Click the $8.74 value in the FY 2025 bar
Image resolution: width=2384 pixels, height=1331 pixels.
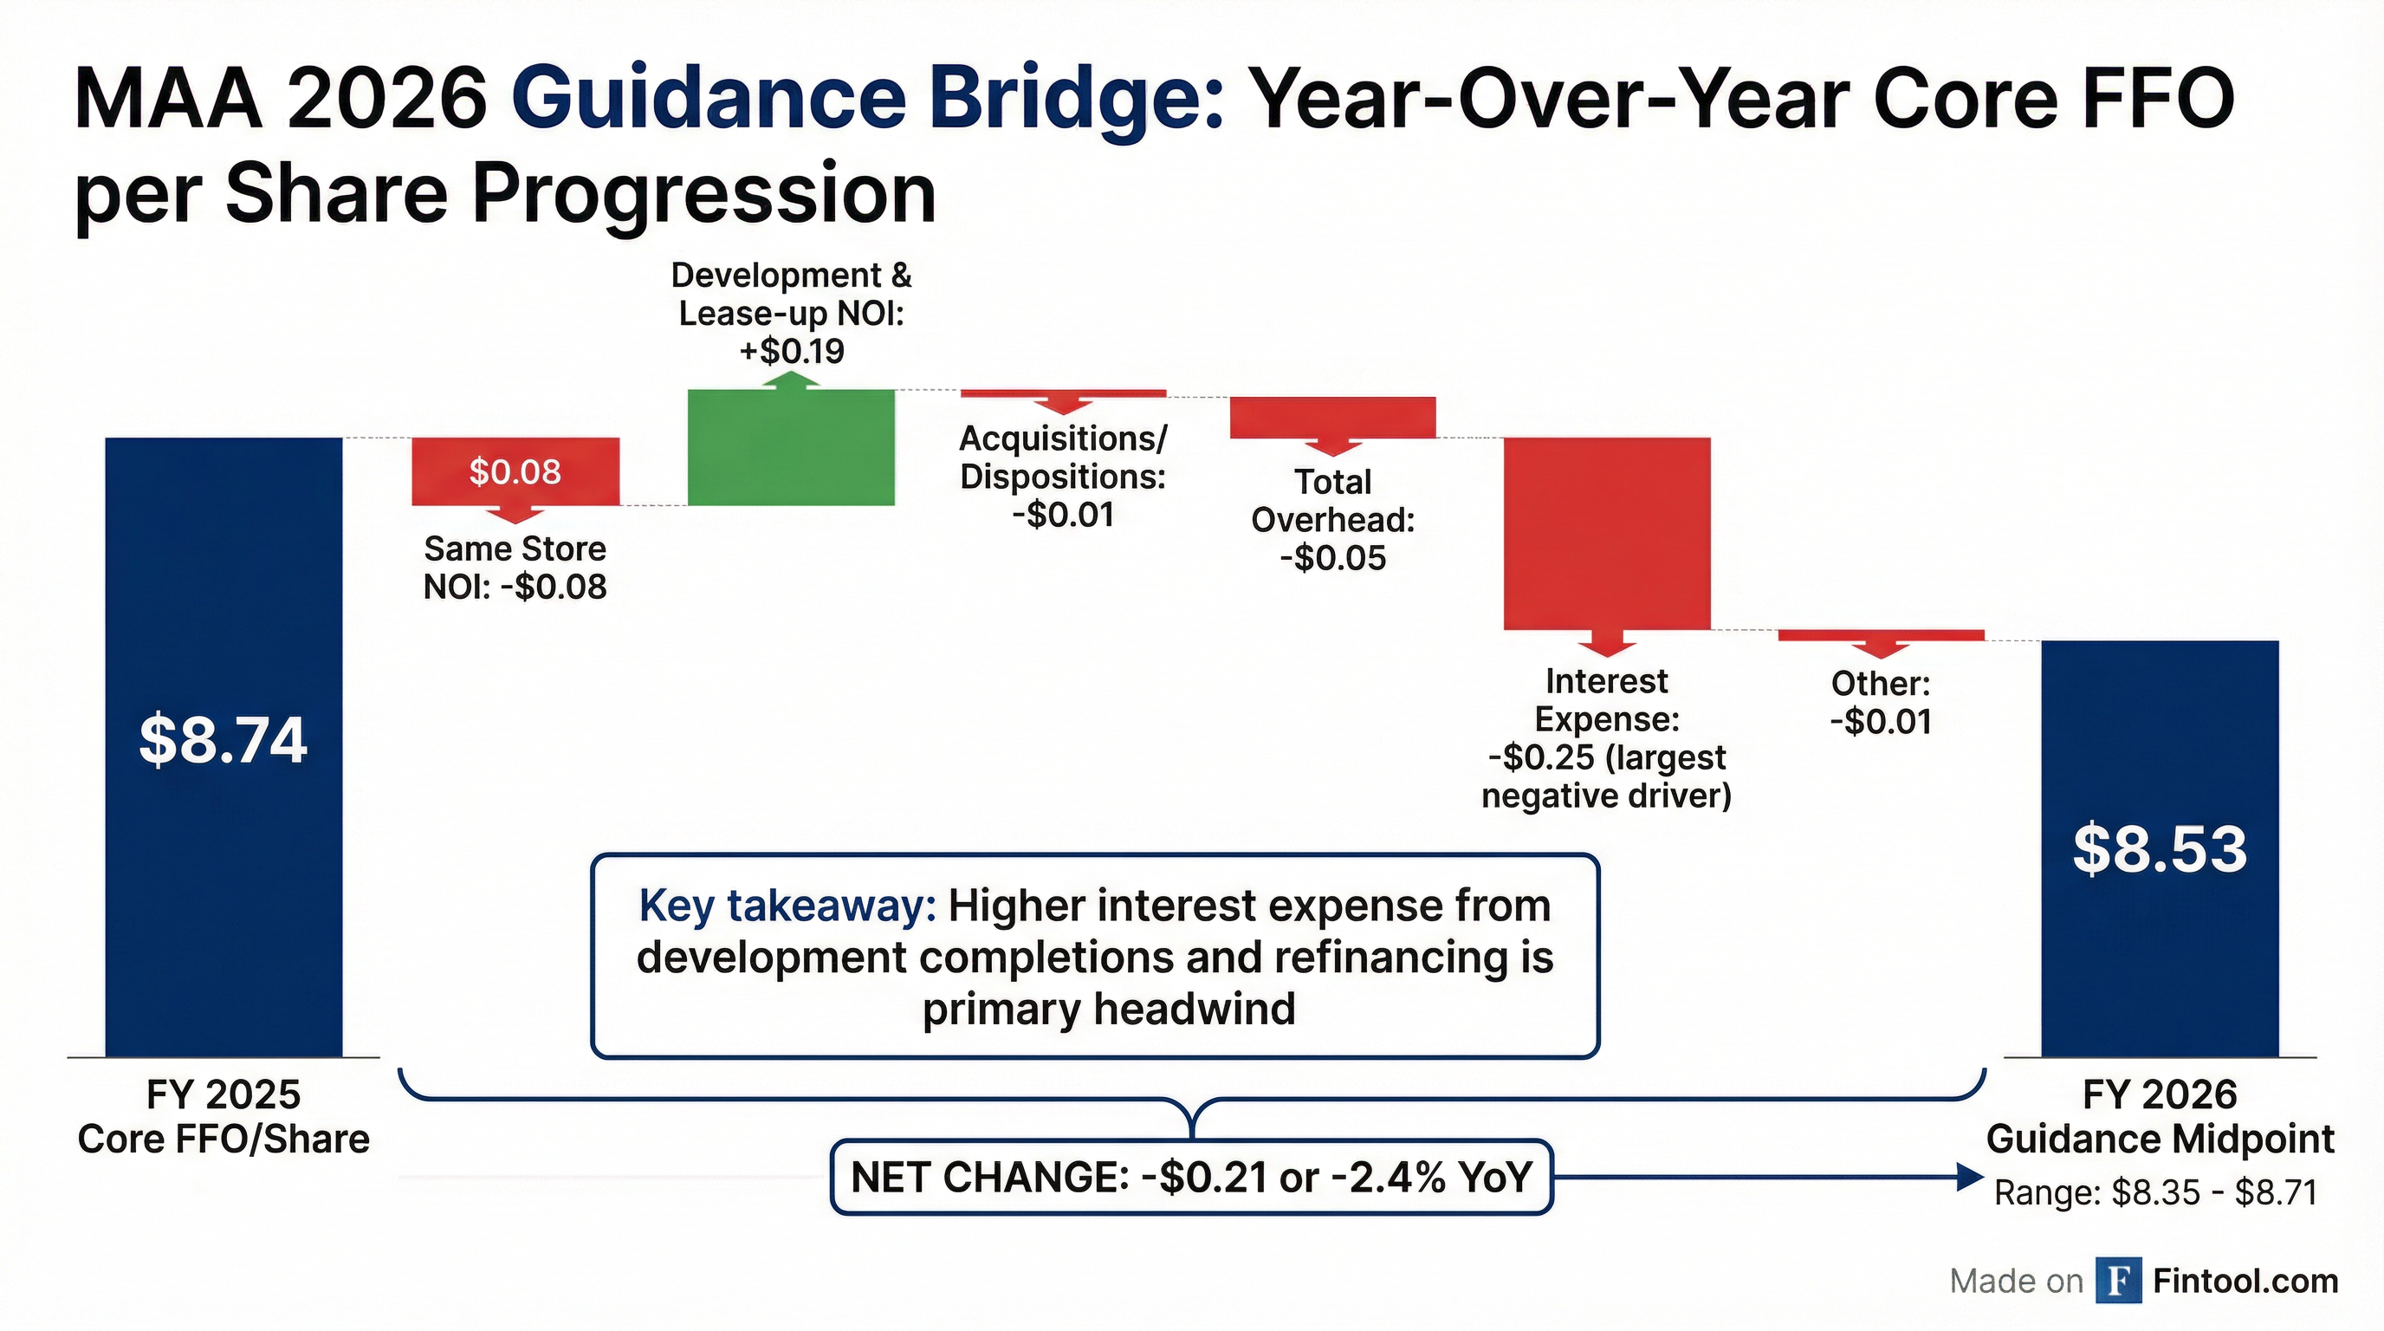(x=223, y=739)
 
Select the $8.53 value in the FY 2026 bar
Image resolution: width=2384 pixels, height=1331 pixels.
(x=2159, y=848)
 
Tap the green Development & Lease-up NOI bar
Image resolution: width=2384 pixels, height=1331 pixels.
(x=791, y=448)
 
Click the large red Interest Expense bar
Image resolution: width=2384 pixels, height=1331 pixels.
(x=1607, y=533)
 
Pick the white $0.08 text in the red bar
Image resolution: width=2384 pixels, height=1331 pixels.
(x=515, y=472)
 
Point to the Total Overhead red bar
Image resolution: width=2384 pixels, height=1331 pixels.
(x=1332, y=417)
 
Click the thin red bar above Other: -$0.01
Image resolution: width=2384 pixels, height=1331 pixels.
(x=1881, y=635)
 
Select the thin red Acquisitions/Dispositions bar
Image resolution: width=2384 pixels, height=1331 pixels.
(x=1064, y=394)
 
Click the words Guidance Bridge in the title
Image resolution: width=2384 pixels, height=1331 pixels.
(x=866, y=99)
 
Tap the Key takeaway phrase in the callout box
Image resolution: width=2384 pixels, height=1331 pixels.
(x=787, y=906)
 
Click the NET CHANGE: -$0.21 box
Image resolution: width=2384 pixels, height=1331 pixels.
(x=1191, y=1178)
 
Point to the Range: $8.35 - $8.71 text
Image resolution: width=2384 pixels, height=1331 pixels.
(x=2155, y=1192)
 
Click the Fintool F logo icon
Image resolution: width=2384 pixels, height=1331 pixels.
(x=2118, y=1281)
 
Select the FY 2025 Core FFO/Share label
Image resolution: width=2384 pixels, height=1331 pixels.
(x=223, y=1116)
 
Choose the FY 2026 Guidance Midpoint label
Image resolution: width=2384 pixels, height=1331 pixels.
(x=2159, y=1116)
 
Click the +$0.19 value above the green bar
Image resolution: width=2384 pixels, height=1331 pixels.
(x=791, y=352)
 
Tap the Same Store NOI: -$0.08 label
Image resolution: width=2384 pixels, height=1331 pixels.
(x=515, y=568)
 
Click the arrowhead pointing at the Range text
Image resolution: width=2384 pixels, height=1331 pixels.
(x=1969, y=1178)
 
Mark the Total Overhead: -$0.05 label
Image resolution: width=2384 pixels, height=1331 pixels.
(x=1332, y=519)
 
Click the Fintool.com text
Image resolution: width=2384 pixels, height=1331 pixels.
(x=2245, y=1281)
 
